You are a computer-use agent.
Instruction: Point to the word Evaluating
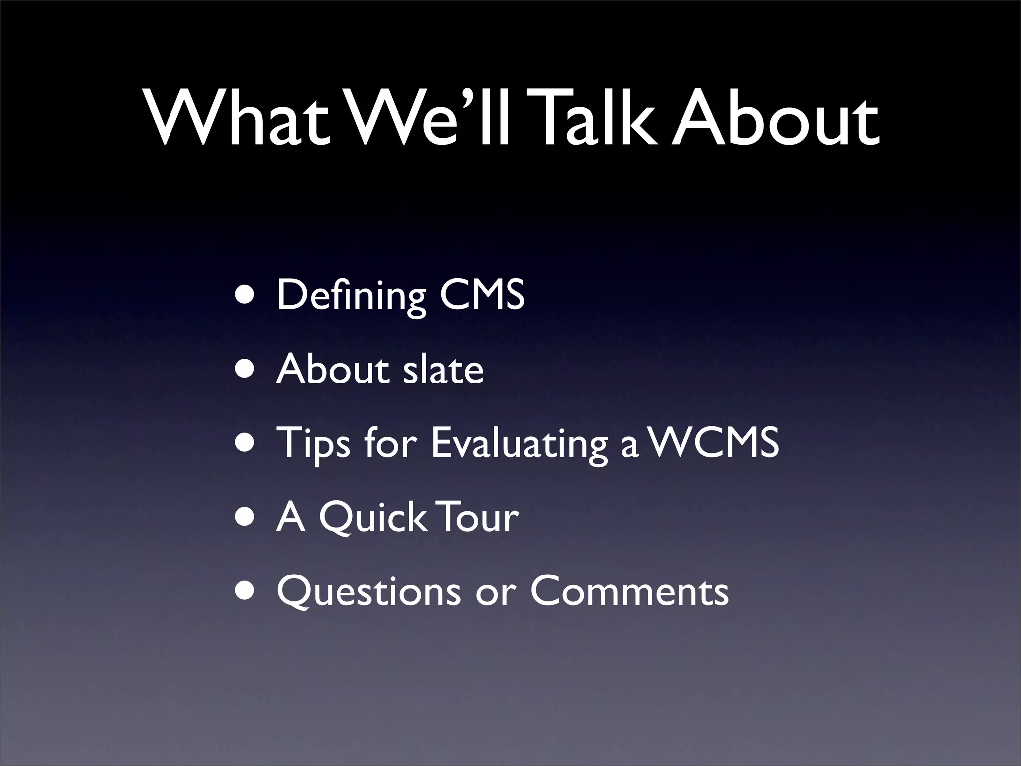(x=518, y=444)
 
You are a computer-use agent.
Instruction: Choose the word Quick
(x=372, y=518)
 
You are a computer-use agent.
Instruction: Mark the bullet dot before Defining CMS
(x=247, y=295)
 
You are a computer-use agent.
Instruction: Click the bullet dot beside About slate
(x=247, y=370)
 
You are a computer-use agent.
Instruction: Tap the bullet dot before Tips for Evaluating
(x=247, y=443)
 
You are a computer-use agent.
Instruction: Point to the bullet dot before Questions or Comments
(x=247, y=591)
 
